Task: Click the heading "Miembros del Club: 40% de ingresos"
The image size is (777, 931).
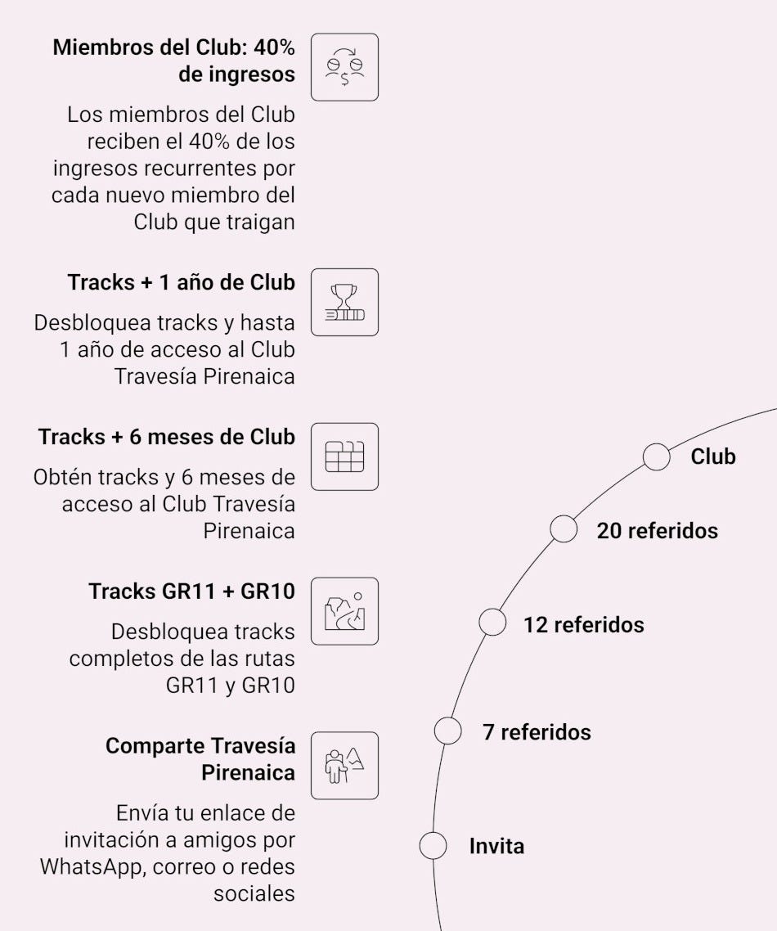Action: (173, 61)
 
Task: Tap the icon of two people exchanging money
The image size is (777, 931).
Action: (344, 67)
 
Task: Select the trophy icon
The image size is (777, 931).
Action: (344, 302)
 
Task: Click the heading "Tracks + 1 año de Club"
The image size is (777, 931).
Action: (181, 283)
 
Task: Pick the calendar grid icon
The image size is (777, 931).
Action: (344, 457)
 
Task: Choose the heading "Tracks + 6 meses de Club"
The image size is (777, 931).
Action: (166, 437)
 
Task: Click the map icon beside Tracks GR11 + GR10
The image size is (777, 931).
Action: (344, 611)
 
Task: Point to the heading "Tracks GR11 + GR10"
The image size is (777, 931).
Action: (191, 591)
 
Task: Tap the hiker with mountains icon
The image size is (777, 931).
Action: (344, 765)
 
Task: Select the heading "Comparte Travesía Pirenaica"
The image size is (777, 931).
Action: (200, 759)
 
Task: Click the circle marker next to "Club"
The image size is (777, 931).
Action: (656, 457)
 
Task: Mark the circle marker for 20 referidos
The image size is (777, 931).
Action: (564, 528)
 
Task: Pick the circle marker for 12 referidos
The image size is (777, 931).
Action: (492, 623)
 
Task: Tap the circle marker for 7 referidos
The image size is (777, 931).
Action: (447, 730)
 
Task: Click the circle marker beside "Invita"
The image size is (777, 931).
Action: (433, 845)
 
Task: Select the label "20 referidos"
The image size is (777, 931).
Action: (657, 531)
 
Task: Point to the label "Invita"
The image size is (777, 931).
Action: (496, 846)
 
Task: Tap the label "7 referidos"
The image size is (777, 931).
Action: (537, 731)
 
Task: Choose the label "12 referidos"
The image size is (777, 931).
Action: (583, 625)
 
